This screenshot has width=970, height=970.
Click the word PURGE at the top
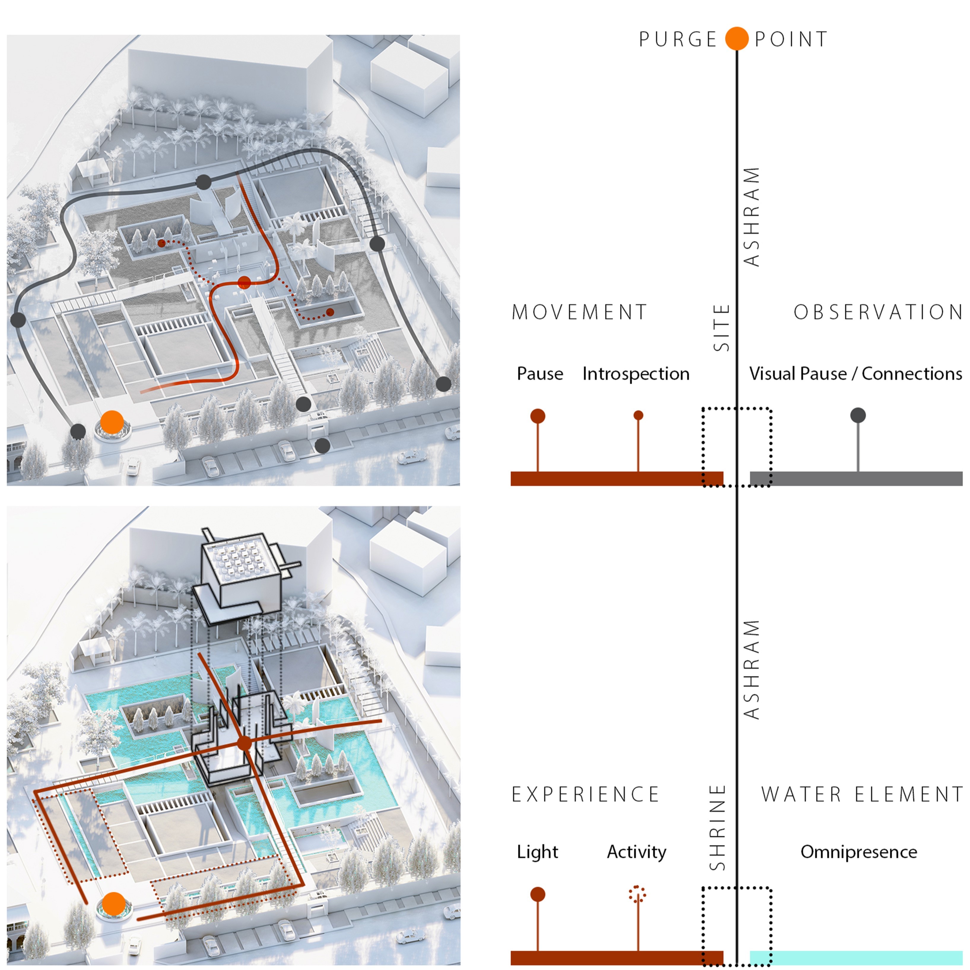click(x=677, y=39)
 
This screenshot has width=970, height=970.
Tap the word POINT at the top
click(x=791, y=39)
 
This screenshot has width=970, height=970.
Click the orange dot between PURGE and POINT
click(x=736, y=38)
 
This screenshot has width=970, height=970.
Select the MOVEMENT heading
click(x=580, y=312)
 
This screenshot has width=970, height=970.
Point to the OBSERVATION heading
click(x=878, y=312)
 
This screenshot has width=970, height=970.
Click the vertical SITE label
click(x=721, y=327)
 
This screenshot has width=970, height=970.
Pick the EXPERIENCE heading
click(x=585, y=794)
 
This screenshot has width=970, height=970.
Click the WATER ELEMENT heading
click(x=862, y=794)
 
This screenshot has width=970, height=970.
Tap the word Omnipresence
click(x=858, y=852)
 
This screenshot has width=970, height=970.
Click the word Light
click(x=537, y=852)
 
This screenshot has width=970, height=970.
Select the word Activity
click(x=636, y=852)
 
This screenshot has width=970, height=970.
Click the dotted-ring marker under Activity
click(x=638, y=894)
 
